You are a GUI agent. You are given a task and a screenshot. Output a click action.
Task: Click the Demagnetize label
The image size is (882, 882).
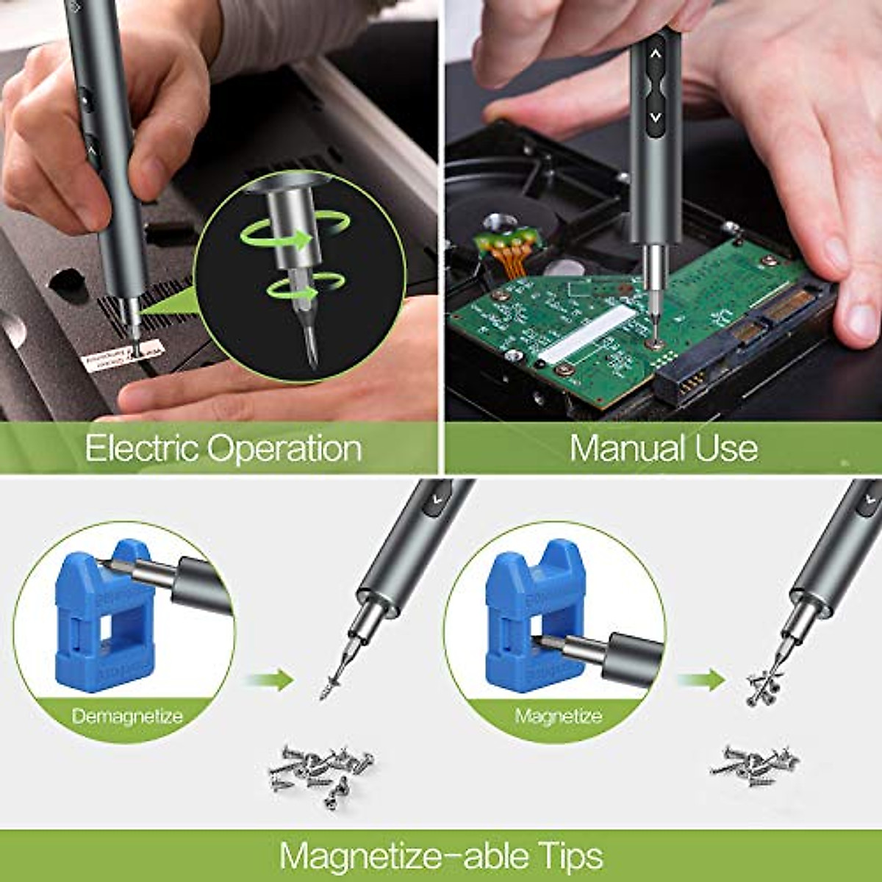tap(127, 716)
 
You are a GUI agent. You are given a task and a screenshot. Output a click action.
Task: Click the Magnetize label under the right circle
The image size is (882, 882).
tap(559, 716)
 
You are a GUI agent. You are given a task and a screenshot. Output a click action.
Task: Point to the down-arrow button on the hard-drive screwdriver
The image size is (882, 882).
tap(656, 116)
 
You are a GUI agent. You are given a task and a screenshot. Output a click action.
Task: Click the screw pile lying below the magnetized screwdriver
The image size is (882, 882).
tap(753, 764)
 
